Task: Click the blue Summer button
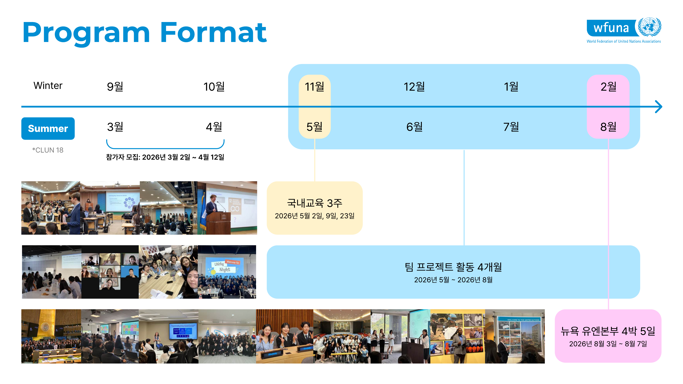pyautogui.click(x=48, y=129)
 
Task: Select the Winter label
pyautogui.click(x=48, y=86)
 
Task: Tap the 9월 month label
pyautogui.click(x=115, y=86)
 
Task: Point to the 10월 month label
pyautogui.click(x=214, y=86)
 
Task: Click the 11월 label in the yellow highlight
pyautogui.click(x=314, y=86)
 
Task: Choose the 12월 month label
pyautogui.click(x=414, y=86)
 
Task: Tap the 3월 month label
pyautogui.click(x=115, y=127)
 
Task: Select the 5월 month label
pyautogui.click(x=314, y=127)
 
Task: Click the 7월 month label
pyautogui.click(x=511, y=127)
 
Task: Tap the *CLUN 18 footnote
pyautogui.click(x=48, y=150)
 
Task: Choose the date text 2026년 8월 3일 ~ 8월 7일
pyautogui.click(x=608, y=344)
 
